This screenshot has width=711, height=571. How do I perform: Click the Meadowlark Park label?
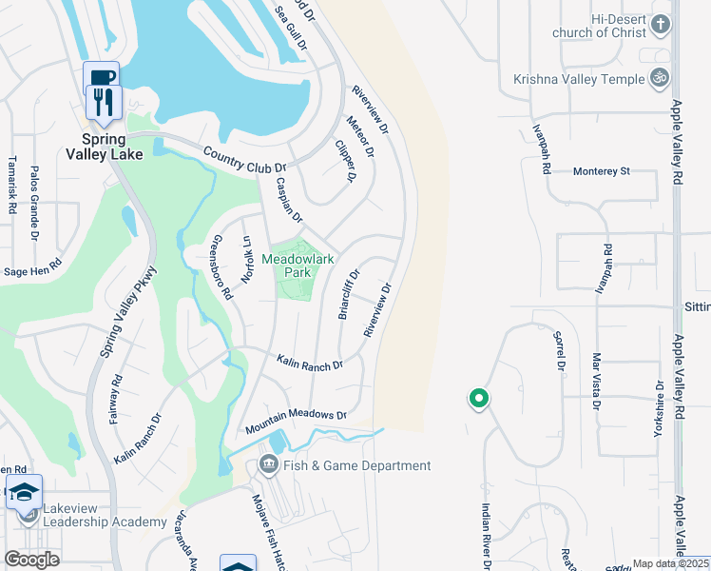(300, 266)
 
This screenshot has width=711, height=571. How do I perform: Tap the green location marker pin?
(479, 399)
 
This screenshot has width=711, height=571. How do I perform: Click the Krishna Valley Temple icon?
(658, 79)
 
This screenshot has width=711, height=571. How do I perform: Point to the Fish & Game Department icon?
(268, 465)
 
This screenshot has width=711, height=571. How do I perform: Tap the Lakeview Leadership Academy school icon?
(24, 493)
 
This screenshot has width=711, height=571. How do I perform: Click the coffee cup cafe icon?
(101, 77)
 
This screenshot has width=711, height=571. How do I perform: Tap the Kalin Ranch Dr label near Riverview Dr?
(309, 362)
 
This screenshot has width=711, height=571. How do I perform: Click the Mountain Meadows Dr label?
(296, 423)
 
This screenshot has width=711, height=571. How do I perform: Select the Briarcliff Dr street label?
(349, 294)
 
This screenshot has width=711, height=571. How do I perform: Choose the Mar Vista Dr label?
(596, 381)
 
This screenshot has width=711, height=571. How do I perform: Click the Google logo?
(31, 560)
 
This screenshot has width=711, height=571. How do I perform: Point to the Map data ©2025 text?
(670, 563)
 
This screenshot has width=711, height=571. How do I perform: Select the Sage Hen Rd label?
(33, 271)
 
